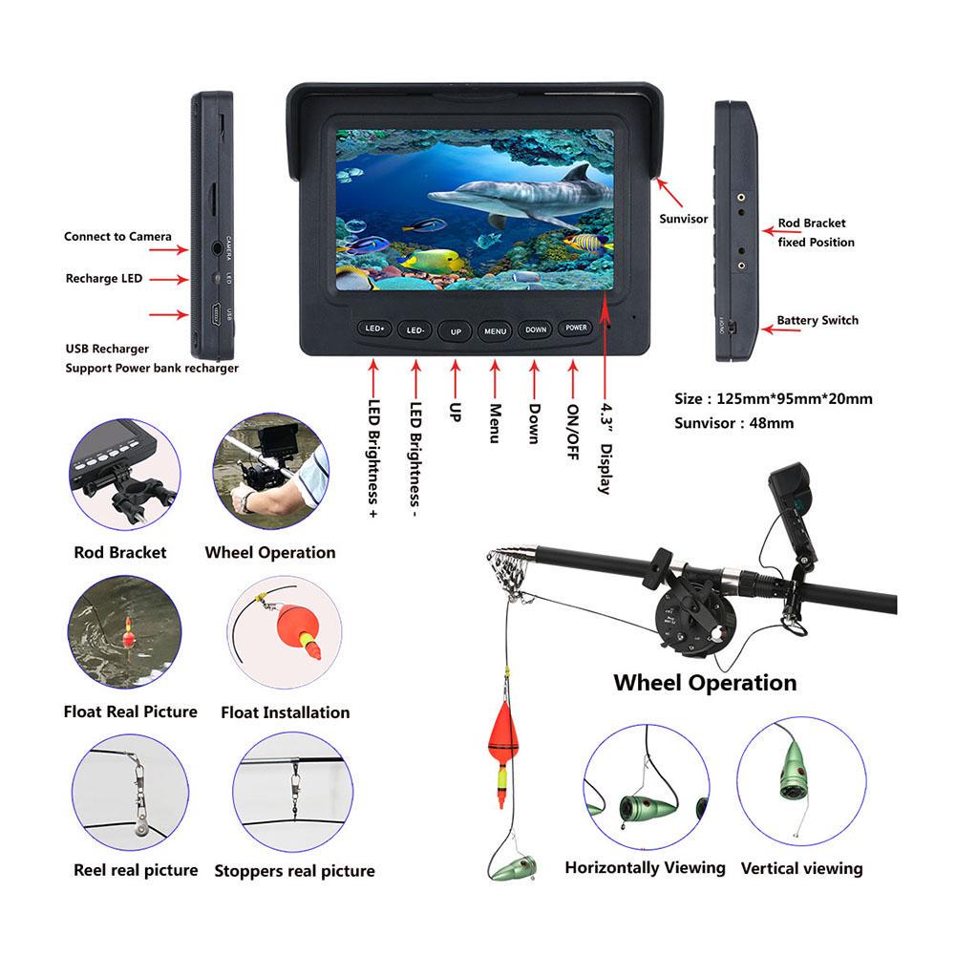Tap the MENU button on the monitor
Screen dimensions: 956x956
point(495,330)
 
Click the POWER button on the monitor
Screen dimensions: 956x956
point(576,328)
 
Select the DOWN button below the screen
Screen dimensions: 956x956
point(536,329)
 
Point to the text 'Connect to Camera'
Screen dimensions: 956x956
point(117,236)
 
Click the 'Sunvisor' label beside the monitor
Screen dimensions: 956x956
point(684,219)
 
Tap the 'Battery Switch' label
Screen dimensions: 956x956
point(817,321)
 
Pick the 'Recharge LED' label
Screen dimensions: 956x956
point(103,279)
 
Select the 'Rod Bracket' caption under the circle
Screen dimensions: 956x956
point(119,552)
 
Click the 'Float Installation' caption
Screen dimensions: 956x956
point(285,712)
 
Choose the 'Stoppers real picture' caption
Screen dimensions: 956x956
point(294,871)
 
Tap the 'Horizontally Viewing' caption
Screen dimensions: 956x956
point(645,868)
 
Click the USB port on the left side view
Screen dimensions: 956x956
point(216,312)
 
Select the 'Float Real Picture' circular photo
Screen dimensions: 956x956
point(125,634)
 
